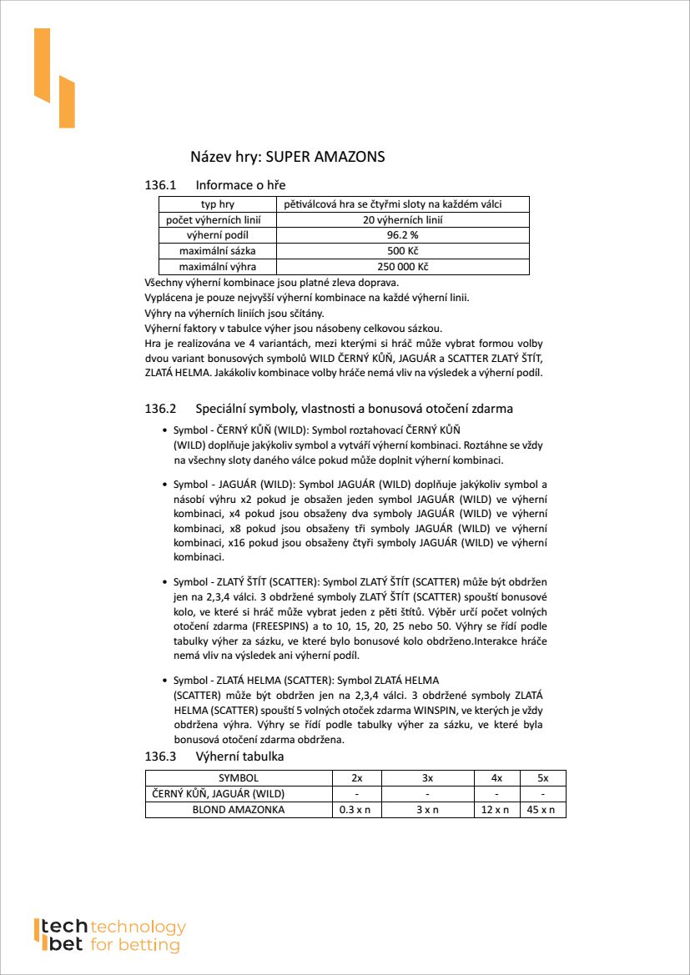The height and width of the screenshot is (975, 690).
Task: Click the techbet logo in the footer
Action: click(109, 935)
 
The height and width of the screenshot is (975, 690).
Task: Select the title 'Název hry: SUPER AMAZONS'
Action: click(288, 157)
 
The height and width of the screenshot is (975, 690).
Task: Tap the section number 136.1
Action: click(161, 185)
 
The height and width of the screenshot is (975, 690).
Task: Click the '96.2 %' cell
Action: click(402, 236)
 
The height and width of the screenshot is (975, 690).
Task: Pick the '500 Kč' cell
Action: click(402, 251)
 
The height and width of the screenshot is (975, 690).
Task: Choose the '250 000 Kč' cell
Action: click(402, 267)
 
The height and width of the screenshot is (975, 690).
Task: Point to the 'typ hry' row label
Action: click(218, 204)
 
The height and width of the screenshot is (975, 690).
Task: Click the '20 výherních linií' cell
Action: click(402, 220)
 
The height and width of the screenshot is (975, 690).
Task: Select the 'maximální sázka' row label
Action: click(218, 251)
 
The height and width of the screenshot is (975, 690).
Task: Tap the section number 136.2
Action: click(161, 409)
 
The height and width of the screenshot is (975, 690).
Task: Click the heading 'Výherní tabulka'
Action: click(239, 756)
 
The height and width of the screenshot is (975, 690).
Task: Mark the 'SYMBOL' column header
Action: click(238, 778)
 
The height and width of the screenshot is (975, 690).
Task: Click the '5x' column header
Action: click(543, 778)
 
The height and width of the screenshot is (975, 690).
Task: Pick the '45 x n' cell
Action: click(543, 810)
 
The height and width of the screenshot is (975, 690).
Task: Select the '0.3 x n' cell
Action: click(356, 810)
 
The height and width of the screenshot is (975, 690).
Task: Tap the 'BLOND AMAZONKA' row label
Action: click(238, 810)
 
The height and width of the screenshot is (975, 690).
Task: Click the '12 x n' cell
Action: click(496, 810)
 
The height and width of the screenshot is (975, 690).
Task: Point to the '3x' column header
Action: click(427, 778)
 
